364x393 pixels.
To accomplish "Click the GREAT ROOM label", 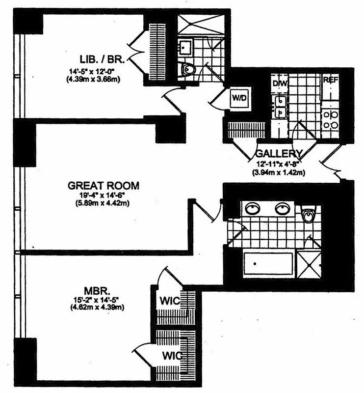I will click(104, 186).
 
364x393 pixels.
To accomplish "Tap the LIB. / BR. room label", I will click(103, 59).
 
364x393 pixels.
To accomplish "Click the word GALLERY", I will click(278, 153).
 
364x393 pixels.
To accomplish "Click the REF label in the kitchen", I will click(330, 81).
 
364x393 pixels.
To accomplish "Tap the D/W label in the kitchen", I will click(280, 84).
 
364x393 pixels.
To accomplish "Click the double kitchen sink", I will click(280, 107).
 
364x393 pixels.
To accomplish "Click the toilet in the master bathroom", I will click(308, 215).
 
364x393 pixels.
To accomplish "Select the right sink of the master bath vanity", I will click(282, 208).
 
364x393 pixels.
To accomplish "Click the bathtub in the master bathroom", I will click(269, 265).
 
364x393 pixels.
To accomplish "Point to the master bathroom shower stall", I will click(310, 265).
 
